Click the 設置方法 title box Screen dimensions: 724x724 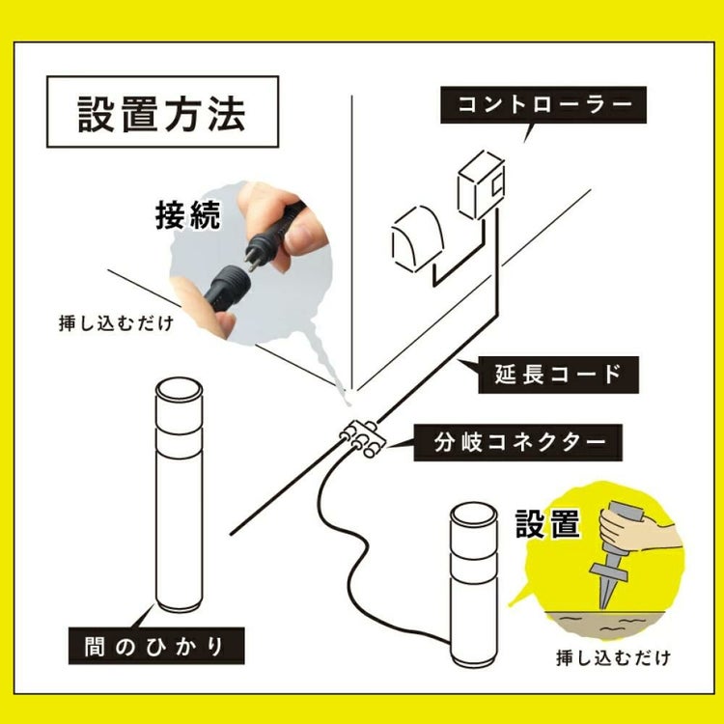coord(161,113)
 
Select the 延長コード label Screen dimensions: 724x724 coord(553,373)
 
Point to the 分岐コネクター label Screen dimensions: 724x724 coord(521,443)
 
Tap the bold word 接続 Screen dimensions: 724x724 coord(187,214)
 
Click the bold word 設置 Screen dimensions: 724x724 coord(547,524)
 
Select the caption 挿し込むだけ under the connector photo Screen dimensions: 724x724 coord(117,322)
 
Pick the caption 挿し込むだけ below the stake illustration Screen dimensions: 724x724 coord(612,658)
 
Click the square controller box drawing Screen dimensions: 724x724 coord(481,189)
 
